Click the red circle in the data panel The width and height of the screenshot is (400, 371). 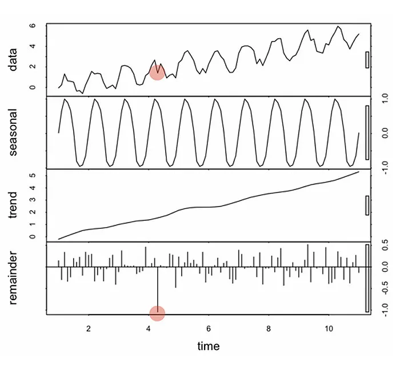click(x=157, y=72)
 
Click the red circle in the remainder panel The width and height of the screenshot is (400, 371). click(x=157, y=313)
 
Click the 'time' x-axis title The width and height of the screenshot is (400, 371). click(x=209, y=346)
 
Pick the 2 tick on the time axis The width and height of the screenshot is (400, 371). click(x=89, y=329)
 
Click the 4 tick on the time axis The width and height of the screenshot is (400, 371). click(x=149, y=329)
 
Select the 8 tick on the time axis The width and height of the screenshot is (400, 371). click(x=269, y=329)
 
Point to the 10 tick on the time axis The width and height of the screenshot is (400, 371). click(x=329, y=329)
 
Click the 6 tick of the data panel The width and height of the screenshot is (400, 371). click(x=33, y=26)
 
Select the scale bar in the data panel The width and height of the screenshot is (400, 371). click(x=367, y=60)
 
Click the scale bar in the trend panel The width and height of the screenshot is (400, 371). click(x=367, y=205)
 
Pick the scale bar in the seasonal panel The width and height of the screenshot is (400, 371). click(x=367, y=132)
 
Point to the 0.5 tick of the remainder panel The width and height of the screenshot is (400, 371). click(x=385, y=247)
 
